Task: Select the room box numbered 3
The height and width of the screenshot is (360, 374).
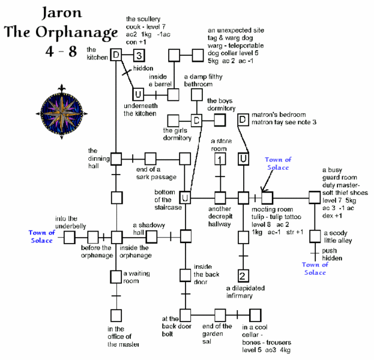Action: tap(137, 56)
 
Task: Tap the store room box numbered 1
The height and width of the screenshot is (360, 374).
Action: tap(220, 159)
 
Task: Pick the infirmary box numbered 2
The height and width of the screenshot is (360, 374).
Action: tap(243, 276)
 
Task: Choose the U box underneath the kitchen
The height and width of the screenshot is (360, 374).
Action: tap(137, 95)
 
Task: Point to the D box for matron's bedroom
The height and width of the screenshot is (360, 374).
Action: tap(243, 121)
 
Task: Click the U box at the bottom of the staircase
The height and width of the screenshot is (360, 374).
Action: tap(185, 197)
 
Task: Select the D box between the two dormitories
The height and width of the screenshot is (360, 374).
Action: tap(196, 121)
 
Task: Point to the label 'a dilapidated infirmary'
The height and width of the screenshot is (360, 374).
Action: tap(243, 292)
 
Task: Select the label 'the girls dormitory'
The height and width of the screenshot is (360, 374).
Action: tap(177, 134)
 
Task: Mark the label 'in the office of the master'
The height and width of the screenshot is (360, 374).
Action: tap(124, 337)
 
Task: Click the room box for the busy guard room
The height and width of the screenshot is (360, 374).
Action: tap(314, 197)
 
